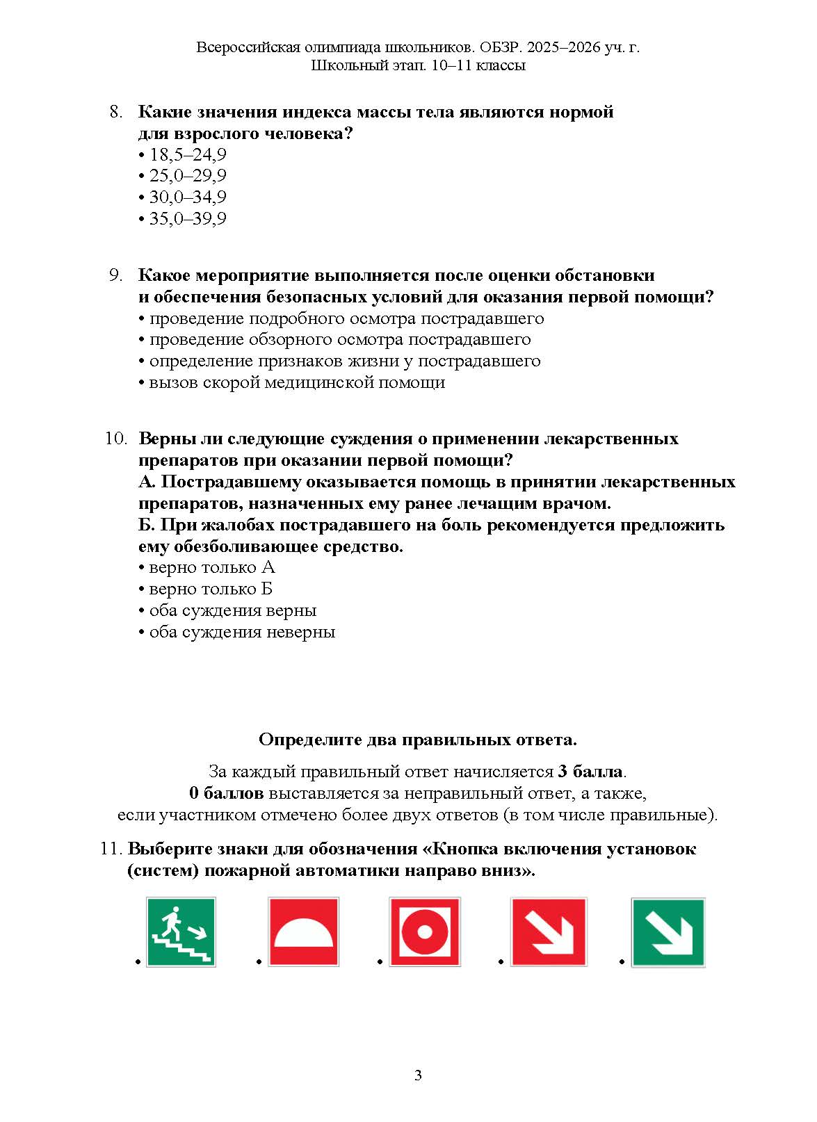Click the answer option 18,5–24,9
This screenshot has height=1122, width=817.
(187, 154)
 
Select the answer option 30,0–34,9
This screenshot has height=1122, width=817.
(187, 197)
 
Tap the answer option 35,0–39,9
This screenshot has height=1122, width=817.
(187, 219)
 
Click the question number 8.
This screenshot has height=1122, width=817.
(116, 112)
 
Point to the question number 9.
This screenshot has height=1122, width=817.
(116, 275)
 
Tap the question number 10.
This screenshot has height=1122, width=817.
(116, 439)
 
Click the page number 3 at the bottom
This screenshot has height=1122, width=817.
(418, 1076)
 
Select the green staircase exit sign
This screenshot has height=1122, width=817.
(181, 932)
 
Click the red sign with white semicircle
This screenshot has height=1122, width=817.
(304, 932)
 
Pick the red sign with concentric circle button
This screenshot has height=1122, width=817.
(425, 932)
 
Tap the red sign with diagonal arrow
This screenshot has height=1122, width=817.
(548, 932)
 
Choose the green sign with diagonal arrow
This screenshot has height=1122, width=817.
(668, 932)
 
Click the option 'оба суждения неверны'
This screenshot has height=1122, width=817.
(241, 632)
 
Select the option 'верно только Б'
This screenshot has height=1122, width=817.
(210, 589)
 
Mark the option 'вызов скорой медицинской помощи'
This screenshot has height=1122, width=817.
(296, 382)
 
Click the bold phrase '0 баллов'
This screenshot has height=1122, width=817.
(226, 793)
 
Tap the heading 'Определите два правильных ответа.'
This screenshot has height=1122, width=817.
(417, 740)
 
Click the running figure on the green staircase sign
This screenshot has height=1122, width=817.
(170, 920)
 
